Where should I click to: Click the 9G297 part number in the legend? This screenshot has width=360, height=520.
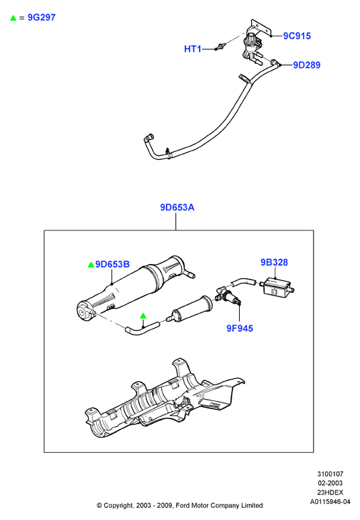[x=42, y=17]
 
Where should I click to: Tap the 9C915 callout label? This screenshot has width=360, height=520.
[x=297, y=36]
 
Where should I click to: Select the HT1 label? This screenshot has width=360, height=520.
[x=193, y=49]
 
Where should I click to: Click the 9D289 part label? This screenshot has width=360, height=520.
[x=307, y=65]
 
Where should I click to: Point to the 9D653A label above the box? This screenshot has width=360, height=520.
[x=177, y=208]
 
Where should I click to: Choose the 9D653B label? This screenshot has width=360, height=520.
[x=112, y=264]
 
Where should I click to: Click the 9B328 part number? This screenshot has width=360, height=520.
[x=274, y=262]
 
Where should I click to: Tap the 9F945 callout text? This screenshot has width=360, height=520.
[x=240, y=329]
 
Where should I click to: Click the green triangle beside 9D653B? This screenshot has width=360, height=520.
[x=91, y=265]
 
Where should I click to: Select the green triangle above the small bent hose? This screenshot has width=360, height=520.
[x=143, y=316]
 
